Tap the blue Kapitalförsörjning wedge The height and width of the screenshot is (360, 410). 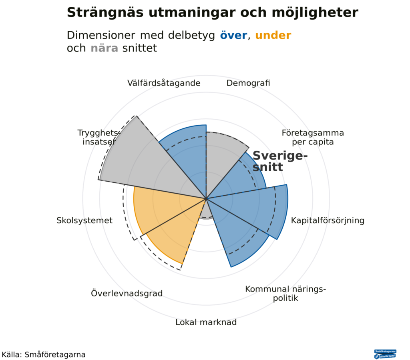[256, 208]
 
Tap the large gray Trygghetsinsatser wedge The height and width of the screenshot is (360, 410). [140, 160]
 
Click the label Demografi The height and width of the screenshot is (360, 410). [248, 83]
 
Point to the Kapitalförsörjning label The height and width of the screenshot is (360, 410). [328, 220]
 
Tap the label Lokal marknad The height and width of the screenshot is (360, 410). [206, 322]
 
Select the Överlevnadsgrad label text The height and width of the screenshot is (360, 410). [127, 294]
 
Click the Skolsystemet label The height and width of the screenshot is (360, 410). [84, 220]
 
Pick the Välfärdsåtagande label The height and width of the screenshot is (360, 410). [164, 83]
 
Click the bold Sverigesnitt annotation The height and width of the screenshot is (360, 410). [279, 161]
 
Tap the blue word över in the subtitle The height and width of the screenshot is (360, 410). [233, 36]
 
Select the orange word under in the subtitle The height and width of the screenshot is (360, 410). [273, 36]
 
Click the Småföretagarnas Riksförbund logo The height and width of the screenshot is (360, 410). [385, 354]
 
